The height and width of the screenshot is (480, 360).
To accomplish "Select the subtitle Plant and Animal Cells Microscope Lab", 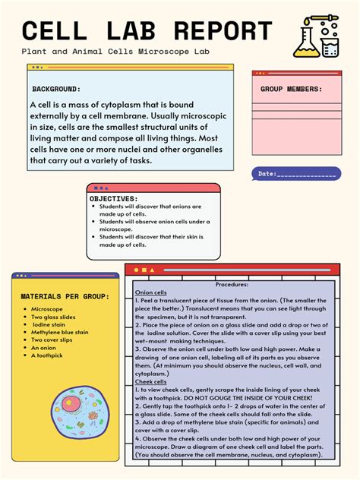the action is coord(115,52).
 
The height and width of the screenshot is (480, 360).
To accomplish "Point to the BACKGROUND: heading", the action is coord(56,89).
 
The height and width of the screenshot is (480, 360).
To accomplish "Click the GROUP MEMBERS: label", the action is coord(291,89).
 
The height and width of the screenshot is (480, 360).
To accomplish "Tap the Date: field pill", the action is coord(296,174).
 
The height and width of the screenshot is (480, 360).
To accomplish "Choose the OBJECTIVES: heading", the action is coord(114,198).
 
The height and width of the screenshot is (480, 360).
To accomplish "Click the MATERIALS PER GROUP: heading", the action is coord(65,296).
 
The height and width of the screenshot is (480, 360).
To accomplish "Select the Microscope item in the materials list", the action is coord(47,309).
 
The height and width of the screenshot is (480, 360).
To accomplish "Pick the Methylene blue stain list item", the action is coord(60,332).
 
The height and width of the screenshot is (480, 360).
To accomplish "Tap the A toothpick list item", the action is coord(48,355).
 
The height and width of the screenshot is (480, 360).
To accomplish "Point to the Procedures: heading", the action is coord(232,284).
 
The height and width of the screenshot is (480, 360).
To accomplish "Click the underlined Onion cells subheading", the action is coord(150,292).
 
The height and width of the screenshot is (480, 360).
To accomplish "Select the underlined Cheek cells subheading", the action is coord(150,381).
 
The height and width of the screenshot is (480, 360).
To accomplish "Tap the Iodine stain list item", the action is coord(49,324).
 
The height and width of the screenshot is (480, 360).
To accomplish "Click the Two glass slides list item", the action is coord(53,317).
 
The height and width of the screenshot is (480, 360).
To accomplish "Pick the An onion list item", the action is coord(44,347).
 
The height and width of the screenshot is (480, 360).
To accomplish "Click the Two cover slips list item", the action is coord(52,339).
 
